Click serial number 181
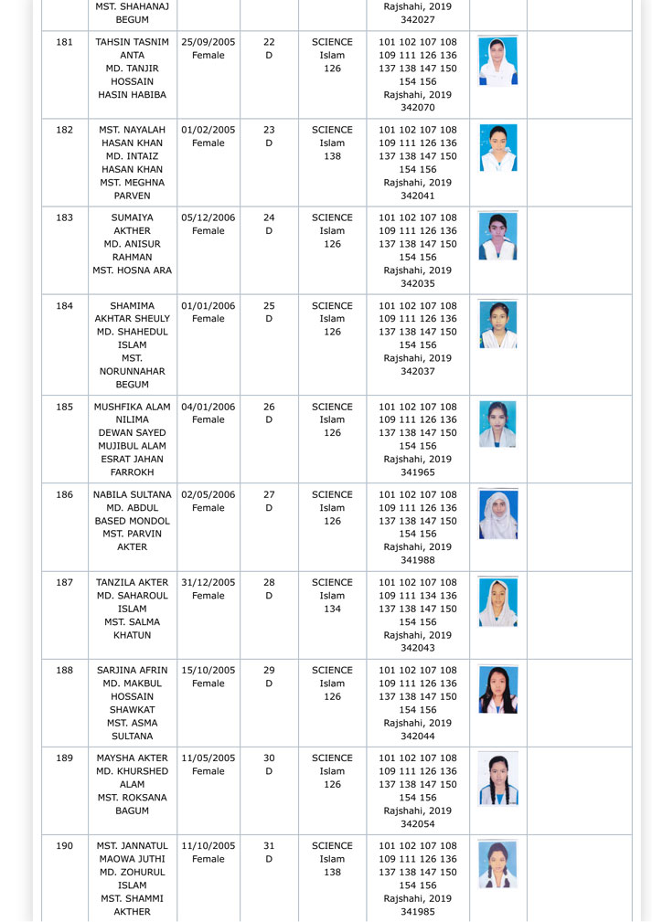64,42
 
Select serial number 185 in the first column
64,407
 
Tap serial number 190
64,846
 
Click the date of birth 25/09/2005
208,42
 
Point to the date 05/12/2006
208,217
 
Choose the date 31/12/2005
208,582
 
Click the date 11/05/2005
208,758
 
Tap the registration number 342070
418,108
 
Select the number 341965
418,472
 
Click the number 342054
418,823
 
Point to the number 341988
418,560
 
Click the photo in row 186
498,514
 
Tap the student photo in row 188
498,689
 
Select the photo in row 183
498,236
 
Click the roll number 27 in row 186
269,494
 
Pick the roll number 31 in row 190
269,846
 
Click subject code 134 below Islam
332,609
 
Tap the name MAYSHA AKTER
133,758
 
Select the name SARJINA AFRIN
133,670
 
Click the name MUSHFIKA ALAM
133,407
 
